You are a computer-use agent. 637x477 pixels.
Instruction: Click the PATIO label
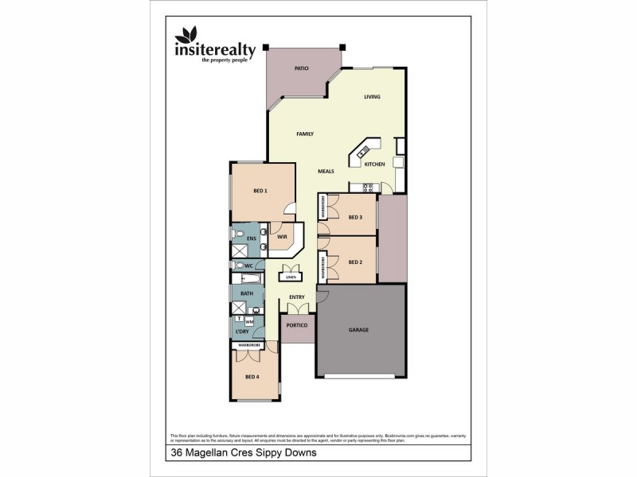pyautogui.click(x=301, y=69)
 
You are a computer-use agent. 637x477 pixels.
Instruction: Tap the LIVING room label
pyautogui.click(x=372, y=97)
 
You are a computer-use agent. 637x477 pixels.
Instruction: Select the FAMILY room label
pyautogui.click(x=304, y=134)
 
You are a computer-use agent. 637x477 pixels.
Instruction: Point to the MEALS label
pyautogui.click(x=326, y=171)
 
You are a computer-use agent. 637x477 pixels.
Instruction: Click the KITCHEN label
pyautogui.click(x=374, y=165)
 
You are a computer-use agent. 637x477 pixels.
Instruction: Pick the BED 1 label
pyautogui.click(x=260, y=191)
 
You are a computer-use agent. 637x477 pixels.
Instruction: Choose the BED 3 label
pyautogui.click(x=355, y=217)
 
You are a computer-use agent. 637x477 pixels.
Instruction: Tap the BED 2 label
pyautogui.click(x=355, y=262)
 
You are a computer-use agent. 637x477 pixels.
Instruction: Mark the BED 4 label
pyautogui.click(x=252, y=376)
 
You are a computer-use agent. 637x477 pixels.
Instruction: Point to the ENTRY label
pyautogui.click(x=297, y=297)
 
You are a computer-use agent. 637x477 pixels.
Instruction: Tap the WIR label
pyautogui.click(x=282, y=236)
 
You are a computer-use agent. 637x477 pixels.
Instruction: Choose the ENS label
pyautogui.click(x=252, y=238)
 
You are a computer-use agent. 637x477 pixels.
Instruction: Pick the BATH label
pyautogui.click(x=247, y=293)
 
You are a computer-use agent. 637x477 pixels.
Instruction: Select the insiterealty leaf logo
pyautogui.click(x=189, y=35)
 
